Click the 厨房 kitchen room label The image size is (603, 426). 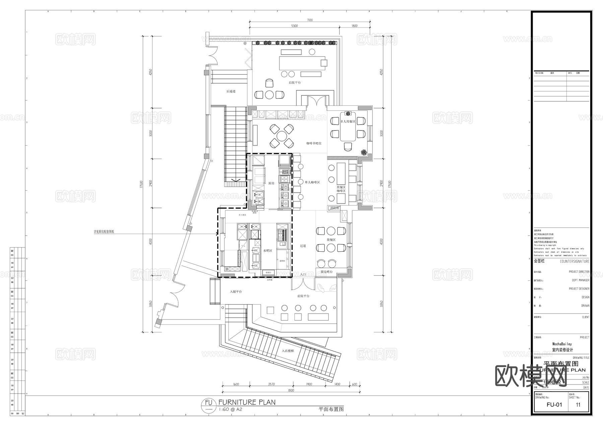tap(271, 183)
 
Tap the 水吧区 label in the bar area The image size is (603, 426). tap(268, 251)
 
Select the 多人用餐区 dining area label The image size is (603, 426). tap(348, 122)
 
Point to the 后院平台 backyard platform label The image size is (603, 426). tap(295, 83)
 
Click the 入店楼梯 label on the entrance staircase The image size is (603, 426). tap(288, 351)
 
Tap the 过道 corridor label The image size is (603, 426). tap(303, 246)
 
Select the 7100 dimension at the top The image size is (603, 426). tap(310, 20)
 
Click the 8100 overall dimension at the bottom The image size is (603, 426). tap(291, 391)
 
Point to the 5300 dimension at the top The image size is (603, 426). tap(294, 26)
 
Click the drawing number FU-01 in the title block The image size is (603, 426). tap(554, 405)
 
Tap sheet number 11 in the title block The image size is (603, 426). tap(578, 405)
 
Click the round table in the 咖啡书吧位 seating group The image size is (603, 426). tap(282, 136)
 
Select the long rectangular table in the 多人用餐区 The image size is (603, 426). tap(348, 130)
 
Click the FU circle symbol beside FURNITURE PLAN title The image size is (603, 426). tap(208, 405)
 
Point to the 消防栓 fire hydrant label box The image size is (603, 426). tap(334, 208)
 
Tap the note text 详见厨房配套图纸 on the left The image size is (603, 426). tap(104, 232)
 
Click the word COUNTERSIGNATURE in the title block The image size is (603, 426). tap(574, 261)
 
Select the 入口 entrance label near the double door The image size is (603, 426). tap(303, 274)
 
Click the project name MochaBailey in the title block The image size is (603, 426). tap(562, 344)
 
